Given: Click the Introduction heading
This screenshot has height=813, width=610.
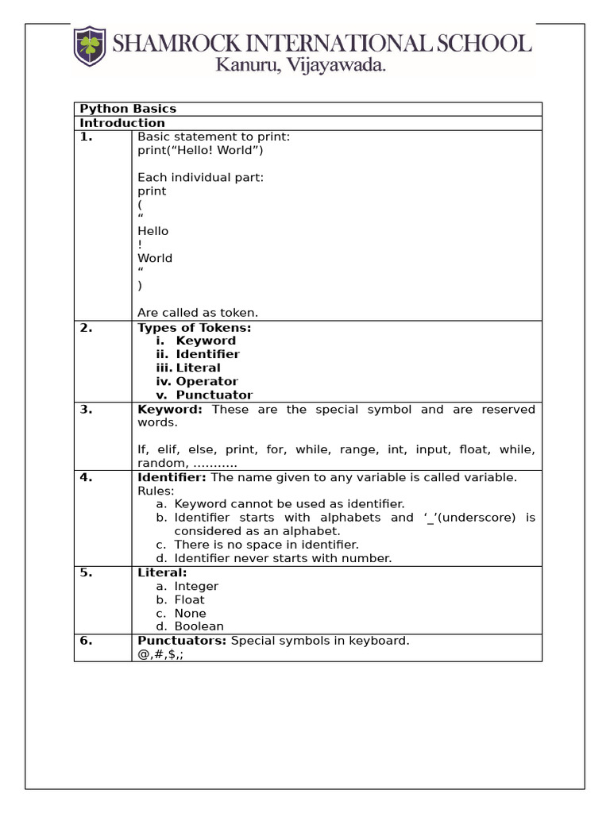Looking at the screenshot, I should coord(122,123).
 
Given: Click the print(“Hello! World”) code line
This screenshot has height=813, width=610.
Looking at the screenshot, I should coord(200,150).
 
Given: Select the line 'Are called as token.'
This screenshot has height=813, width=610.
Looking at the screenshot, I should coord(198,312).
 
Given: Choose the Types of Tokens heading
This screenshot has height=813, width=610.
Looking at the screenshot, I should coord(194,327).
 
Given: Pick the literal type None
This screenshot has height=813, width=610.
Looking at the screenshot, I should coord(190,613).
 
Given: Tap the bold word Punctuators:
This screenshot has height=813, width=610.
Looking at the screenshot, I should coord(182,641).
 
